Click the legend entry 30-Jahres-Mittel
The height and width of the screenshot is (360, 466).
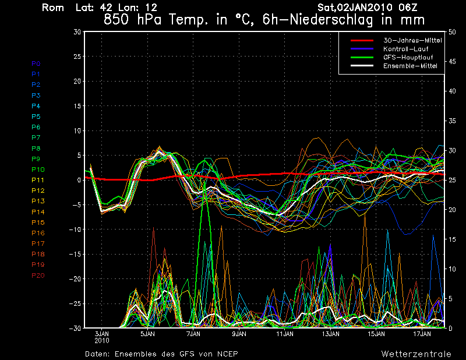pyautogui.click(x=412, y=40)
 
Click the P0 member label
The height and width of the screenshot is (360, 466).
pyautogui.click(x=36, y=63)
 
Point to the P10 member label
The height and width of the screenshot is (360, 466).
pyautogui.click(x=37, y=170)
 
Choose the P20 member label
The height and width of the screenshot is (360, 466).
pyautogui.click(x=37, y=276)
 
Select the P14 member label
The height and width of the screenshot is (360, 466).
pyautogui.click(x=37, y=212)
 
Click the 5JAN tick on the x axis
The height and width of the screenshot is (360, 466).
pyautogui.click(x=147, y=334)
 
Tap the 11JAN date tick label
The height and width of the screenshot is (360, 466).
pyautogui.click(x=285, y=334)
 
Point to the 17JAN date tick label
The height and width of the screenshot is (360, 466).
pyautogui.click(x=422, y=334)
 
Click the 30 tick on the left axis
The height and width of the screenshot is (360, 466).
pyautogui.click(x=77, y=32)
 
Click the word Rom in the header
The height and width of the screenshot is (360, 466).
pyautogui.click(x=53, y=8)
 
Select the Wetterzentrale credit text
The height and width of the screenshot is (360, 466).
pyautogui.click(x=416, y=354)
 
